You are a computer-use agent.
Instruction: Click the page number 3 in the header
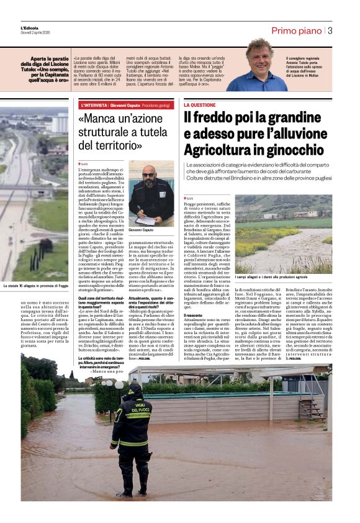pos(330,30)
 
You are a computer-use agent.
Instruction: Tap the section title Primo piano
pos(296,30)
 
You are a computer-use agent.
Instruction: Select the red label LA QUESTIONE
pos(200,106)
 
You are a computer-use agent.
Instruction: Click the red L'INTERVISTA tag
pos(92,106)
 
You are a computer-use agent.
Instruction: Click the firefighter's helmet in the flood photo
pos(134,390)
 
